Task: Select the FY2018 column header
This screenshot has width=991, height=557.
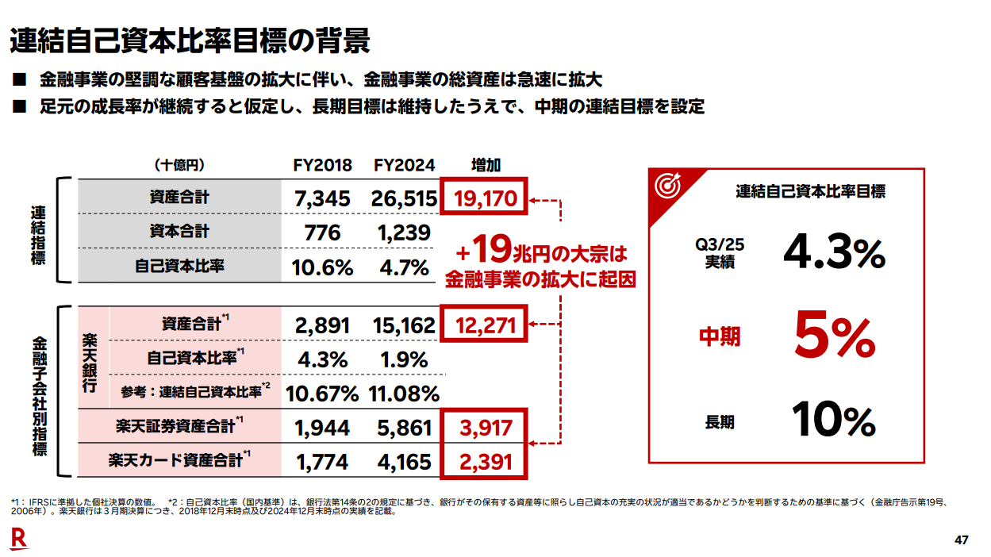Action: (321, 165)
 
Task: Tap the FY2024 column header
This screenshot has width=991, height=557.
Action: (405, 165)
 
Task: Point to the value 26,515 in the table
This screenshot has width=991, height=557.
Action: (404, 198)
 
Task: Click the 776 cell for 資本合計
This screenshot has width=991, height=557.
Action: (322, 232)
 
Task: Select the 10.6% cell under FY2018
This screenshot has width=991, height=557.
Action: (322, 267)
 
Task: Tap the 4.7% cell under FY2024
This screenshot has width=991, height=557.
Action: (404, 267)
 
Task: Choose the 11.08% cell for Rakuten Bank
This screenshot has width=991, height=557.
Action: (404, 394)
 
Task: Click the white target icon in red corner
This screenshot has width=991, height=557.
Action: (666, 185)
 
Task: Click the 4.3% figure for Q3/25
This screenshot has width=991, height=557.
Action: (833, 252)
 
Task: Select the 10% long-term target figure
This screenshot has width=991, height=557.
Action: (833, 421)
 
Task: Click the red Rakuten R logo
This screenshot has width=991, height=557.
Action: (18, 540)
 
